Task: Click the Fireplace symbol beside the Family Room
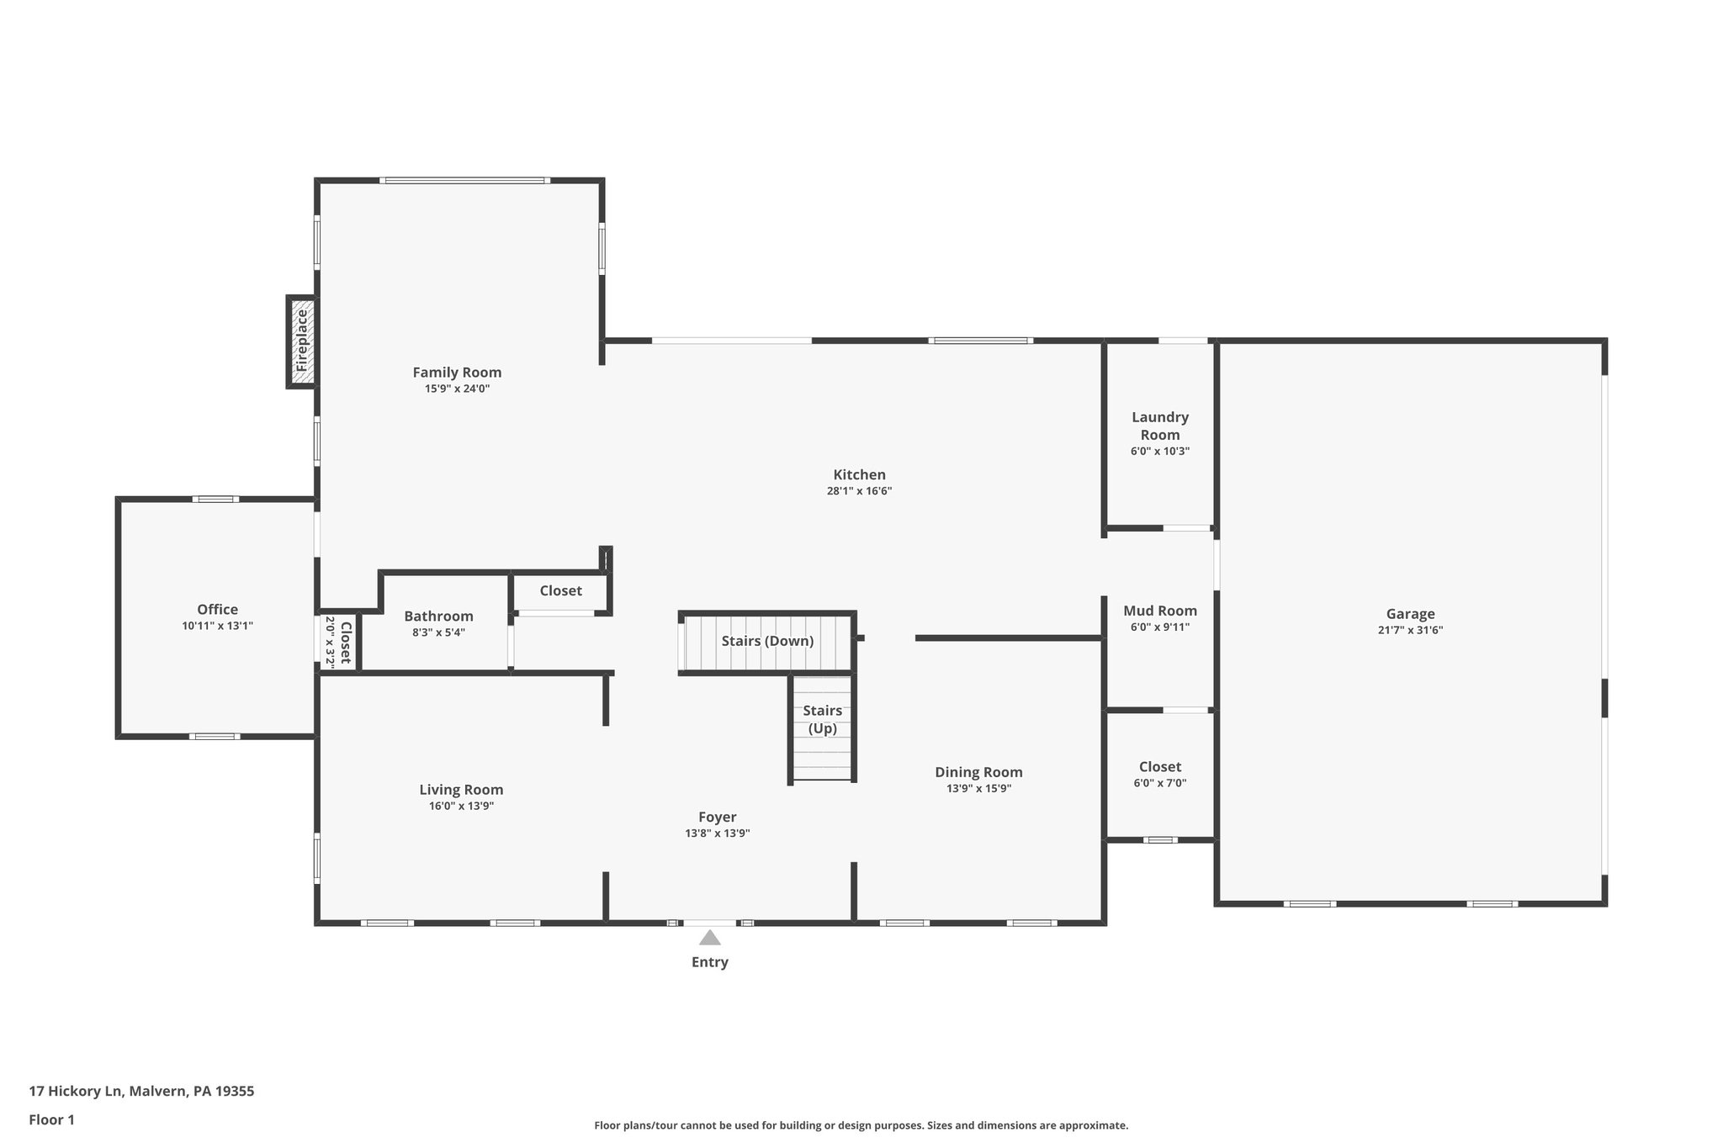[302, 341]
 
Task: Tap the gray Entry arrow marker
[709, 937]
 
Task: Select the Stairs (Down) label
[767, 641]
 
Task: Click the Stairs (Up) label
[822, 719]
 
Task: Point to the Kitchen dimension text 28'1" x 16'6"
[859, 491]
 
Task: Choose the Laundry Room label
[1159, 426]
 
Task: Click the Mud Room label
[1159, 611]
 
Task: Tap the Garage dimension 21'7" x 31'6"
[1410, 630]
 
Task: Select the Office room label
[217, 610]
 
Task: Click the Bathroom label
[438, 616]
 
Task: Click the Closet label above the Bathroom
[560, 591]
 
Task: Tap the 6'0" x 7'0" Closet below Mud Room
[1159, 774]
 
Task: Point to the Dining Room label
[978, 772]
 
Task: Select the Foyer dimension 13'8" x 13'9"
[717, 833]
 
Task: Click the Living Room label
[461, 790]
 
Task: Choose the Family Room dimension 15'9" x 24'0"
[457, 389]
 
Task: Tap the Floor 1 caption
[52, 1119]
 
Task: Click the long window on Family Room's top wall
[464, 180]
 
